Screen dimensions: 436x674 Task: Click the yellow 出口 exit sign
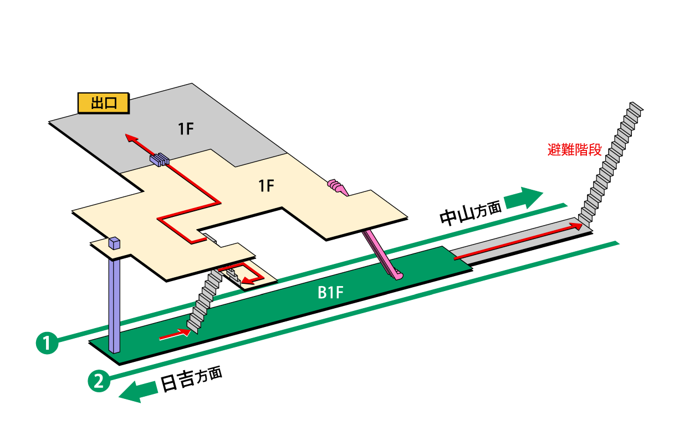pyautogui.click(x=103, y=103)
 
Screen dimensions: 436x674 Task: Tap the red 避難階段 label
pyautogui.click(x=574, y=149)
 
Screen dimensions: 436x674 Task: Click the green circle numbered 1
pyautogui.click(x=47, y=342)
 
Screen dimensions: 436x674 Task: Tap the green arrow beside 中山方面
pyautogui.click(x=524, y=198)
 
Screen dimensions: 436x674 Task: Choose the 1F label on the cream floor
pyautogui.click(x=267, y=186)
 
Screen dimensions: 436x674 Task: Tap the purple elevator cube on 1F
pyautogui.click(x=114, y=243)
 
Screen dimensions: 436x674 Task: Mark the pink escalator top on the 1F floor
pyautogui.click(x=336, y=185)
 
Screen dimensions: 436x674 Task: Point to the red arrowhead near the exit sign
pyautogui.click(x=129, y=138)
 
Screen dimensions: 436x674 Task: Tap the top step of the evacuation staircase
pyautogui.click(x=636, y=106)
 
